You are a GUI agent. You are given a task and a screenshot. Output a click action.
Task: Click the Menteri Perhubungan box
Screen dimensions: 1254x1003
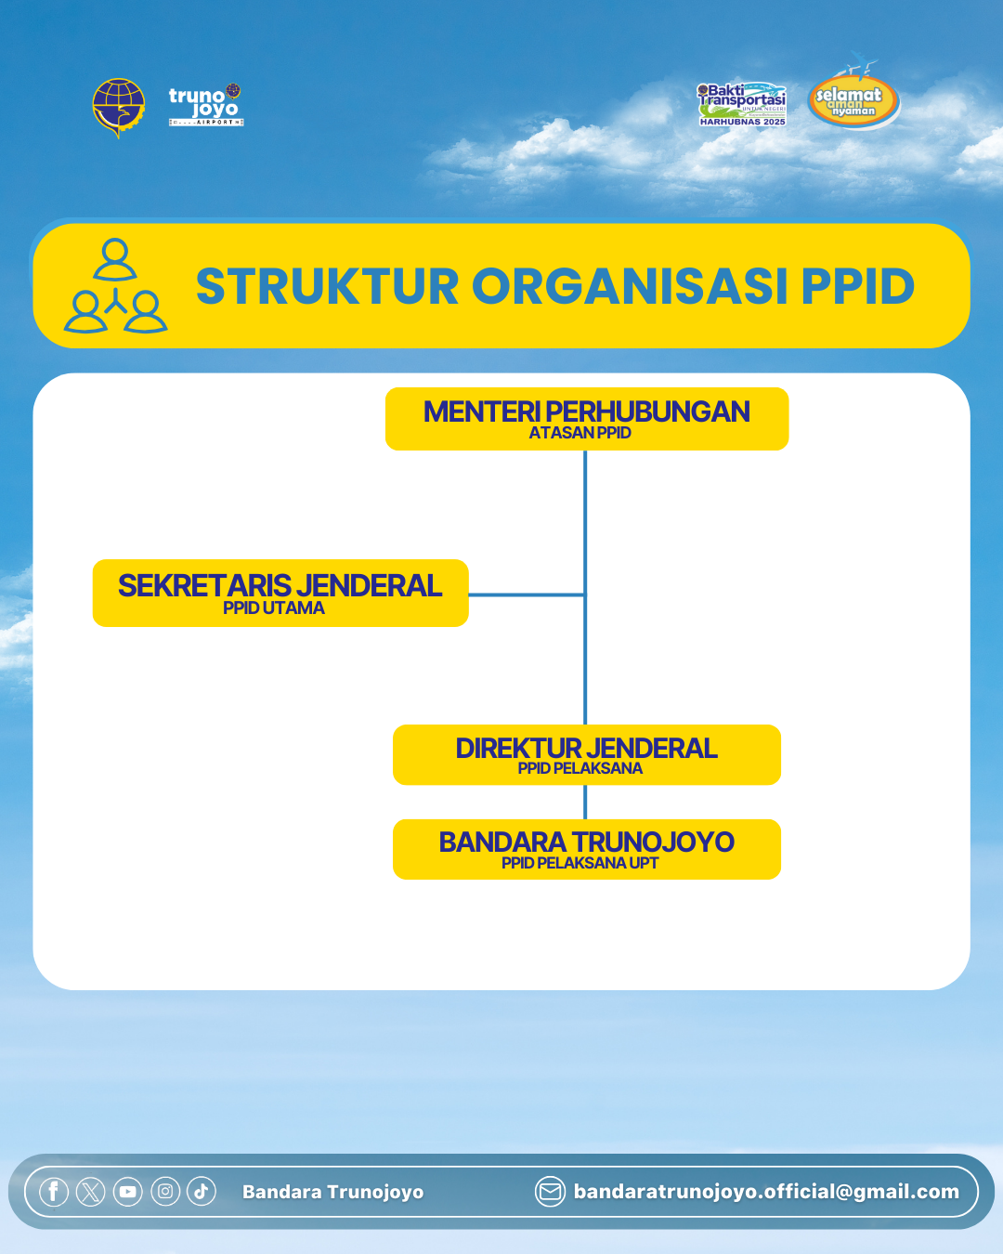[587, 419]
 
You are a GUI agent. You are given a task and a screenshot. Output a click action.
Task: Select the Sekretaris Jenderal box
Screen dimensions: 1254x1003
[280, 593]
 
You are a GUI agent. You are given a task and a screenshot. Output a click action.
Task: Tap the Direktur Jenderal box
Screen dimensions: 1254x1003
[587, 754]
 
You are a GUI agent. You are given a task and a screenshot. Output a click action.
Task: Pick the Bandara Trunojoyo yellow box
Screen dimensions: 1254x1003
[587, 849]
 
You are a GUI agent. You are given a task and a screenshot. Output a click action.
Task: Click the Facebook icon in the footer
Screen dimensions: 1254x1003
[54, 1192]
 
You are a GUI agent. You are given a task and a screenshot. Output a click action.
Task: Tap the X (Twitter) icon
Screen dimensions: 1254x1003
[90, 1192]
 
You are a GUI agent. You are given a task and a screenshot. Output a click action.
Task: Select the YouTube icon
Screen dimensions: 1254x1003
[127, 1192]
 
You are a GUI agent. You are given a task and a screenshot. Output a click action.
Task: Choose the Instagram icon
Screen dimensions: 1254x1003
[165, 1192]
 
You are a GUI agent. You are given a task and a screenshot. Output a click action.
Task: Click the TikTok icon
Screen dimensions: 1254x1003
[202, 1192]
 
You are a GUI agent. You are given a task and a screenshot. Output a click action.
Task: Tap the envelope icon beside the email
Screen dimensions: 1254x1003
[550, 1192]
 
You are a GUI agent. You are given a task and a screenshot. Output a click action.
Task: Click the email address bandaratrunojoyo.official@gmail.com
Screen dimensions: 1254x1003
[766, 1192]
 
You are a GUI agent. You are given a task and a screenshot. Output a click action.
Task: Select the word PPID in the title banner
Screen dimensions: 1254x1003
[857, 286]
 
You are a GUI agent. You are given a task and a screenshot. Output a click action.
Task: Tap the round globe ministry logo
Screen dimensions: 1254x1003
[119, 107]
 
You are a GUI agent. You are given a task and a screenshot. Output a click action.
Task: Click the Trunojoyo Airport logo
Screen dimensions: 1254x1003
[205, 105]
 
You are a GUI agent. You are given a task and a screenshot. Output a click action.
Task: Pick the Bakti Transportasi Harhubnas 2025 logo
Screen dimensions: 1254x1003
[742, 104]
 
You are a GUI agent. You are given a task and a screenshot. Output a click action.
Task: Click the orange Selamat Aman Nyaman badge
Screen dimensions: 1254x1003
[853, 100]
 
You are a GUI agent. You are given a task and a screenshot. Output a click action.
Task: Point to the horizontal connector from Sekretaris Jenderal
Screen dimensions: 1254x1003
[527, 594]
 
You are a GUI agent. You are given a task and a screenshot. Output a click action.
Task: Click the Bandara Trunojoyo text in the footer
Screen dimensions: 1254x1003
[332, 1192]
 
